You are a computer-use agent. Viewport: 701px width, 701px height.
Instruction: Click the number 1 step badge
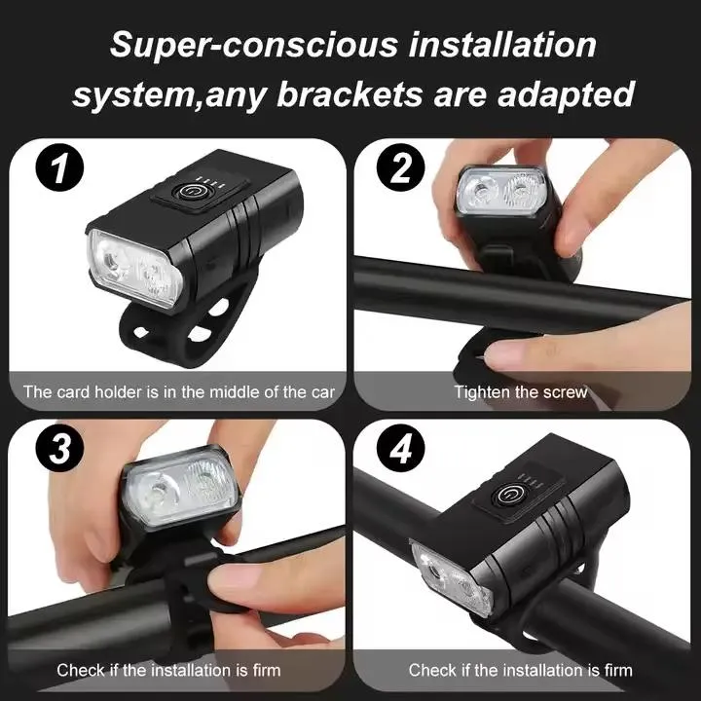tap(61, 169)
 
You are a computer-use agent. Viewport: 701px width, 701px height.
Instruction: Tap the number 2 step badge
tap(401, 170)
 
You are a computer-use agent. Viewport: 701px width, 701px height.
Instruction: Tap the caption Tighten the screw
tap(520, 392)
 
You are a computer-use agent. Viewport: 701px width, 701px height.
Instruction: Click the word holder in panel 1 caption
tap(117, 392)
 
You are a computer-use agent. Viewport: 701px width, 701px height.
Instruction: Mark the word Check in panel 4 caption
tap(430, 670)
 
